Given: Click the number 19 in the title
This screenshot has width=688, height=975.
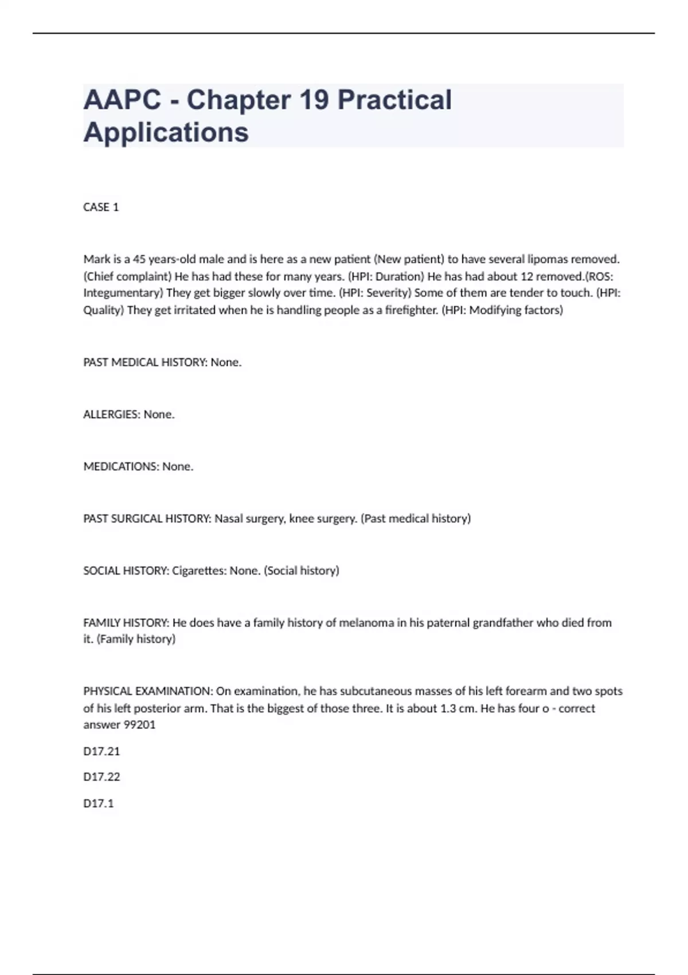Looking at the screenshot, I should click(314, 100).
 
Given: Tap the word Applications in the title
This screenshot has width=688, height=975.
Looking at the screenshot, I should click(166, 132).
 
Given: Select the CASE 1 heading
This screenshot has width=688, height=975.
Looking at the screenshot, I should click(101, 207).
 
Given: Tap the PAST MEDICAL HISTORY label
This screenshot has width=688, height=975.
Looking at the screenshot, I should click(145, 362).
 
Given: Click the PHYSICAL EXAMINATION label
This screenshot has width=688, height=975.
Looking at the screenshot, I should click(148, 691).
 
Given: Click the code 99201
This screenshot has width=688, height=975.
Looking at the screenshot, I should click(140, 725).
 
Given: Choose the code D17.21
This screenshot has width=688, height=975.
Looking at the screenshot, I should click(101, 751).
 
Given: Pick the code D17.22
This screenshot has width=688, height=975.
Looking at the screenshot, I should click(101, 777).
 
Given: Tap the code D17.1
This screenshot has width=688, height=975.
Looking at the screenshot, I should click(99, 804).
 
